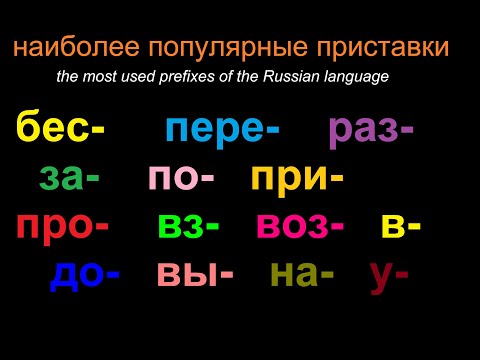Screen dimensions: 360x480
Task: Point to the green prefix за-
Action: (x=69, y=178)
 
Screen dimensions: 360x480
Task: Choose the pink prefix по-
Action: (x=181, y=178)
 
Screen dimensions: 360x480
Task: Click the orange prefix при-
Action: (x=297, y=178)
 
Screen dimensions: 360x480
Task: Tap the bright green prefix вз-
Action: (x=189, y=226)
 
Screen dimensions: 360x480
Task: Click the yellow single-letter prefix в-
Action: (x=401, y=226)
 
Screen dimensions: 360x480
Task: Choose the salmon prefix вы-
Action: (x=194, y=273)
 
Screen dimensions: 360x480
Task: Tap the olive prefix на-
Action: (x=294, y=273)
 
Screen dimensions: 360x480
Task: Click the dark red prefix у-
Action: (x=388, y=273)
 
